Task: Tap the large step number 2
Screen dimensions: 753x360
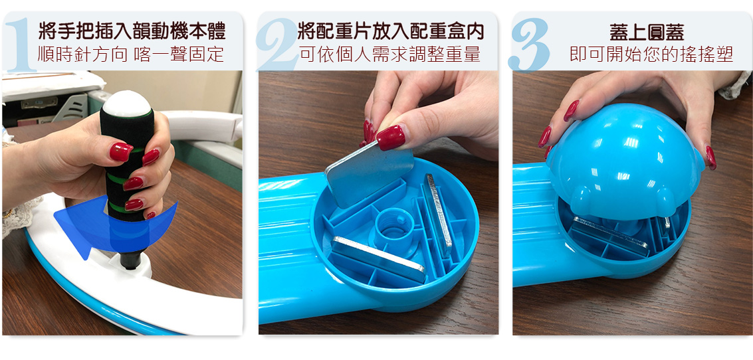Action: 278,45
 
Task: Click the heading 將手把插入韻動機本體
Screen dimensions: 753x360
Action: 132,31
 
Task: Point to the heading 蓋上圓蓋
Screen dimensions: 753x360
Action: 647,33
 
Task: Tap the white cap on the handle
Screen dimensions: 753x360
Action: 128,103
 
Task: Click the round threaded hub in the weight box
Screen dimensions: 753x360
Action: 394,226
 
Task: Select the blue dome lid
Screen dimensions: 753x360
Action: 624,163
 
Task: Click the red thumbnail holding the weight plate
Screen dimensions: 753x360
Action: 390,137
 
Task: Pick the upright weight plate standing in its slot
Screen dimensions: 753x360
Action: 438,214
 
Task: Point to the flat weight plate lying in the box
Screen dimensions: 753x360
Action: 378,258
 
